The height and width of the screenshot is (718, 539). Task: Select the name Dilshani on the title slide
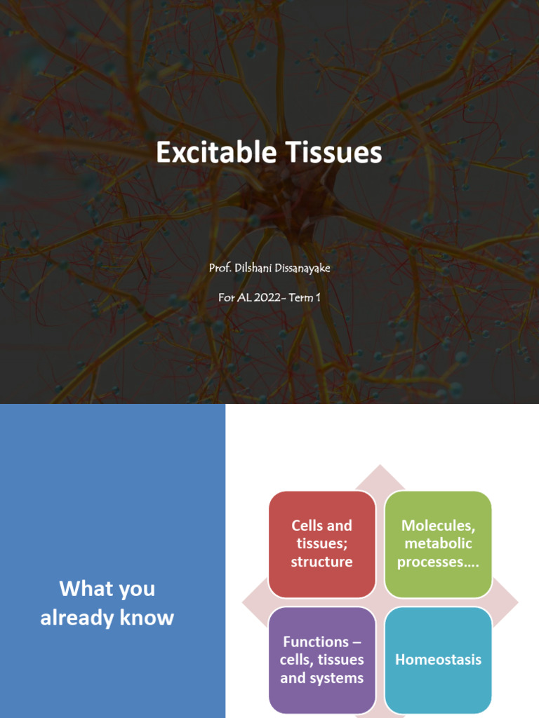tap(253, 268)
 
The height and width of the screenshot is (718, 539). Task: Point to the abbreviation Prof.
tap(219, 268)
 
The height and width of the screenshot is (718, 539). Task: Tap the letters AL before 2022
tap(245, 297)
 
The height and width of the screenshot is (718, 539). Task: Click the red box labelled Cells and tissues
tap(321, 544)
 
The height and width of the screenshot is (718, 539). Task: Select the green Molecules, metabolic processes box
tap(438, 544)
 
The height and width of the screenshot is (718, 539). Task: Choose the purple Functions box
tap(321, 660)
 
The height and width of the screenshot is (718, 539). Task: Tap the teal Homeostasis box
tap(438, 660)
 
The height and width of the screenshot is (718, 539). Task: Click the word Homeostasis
tap(438, 660)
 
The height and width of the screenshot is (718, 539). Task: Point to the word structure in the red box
tap(321, 562)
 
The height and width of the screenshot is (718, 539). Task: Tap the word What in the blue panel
tap(78, 588)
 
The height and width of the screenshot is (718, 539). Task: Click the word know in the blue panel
tap(156, 618)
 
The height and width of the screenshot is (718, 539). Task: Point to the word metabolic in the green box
tap(438, 543)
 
